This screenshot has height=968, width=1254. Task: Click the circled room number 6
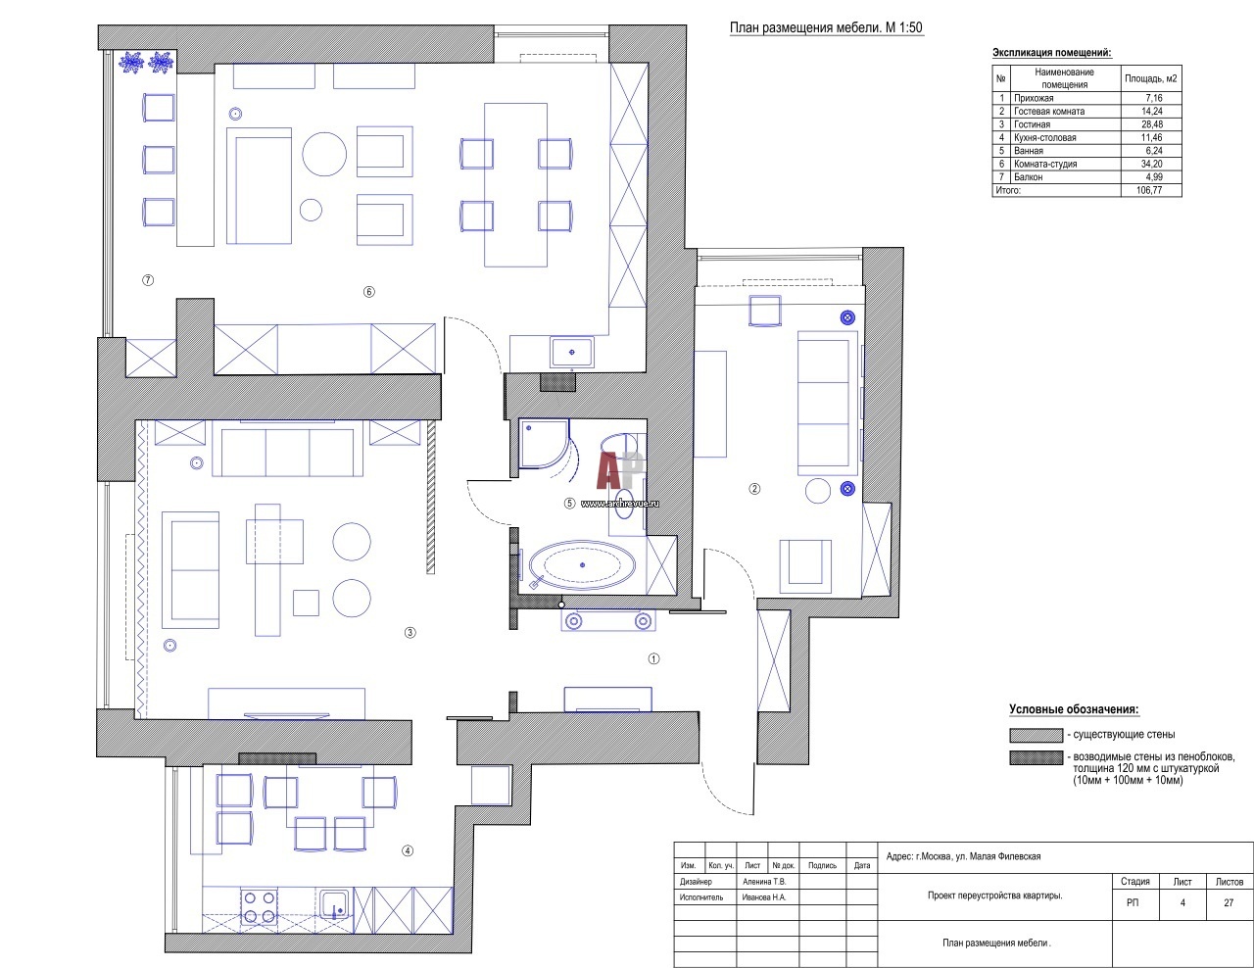368,292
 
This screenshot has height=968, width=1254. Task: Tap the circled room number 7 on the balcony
148,280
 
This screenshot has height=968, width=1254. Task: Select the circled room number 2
754,489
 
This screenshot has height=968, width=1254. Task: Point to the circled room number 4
408,850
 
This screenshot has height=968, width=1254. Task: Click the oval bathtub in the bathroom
582,564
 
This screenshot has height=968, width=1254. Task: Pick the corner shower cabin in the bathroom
544,444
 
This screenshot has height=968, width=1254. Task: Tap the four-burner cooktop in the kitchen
259,907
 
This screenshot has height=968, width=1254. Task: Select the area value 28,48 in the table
1152,124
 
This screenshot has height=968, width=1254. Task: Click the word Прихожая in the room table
1034,98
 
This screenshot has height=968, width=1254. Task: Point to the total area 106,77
1149,190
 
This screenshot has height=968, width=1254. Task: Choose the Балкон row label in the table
1029,177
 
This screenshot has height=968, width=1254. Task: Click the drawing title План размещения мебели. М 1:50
827,27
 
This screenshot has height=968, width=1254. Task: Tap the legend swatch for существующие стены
1036,735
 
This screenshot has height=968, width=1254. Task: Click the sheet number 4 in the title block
1182,902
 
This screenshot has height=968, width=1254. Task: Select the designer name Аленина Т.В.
764,882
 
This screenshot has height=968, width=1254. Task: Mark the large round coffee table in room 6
324,154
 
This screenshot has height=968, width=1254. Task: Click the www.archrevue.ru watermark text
619,503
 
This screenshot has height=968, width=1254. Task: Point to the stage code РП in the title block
1133,902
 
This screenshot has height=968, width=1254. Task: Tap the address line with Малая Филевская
963,856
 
